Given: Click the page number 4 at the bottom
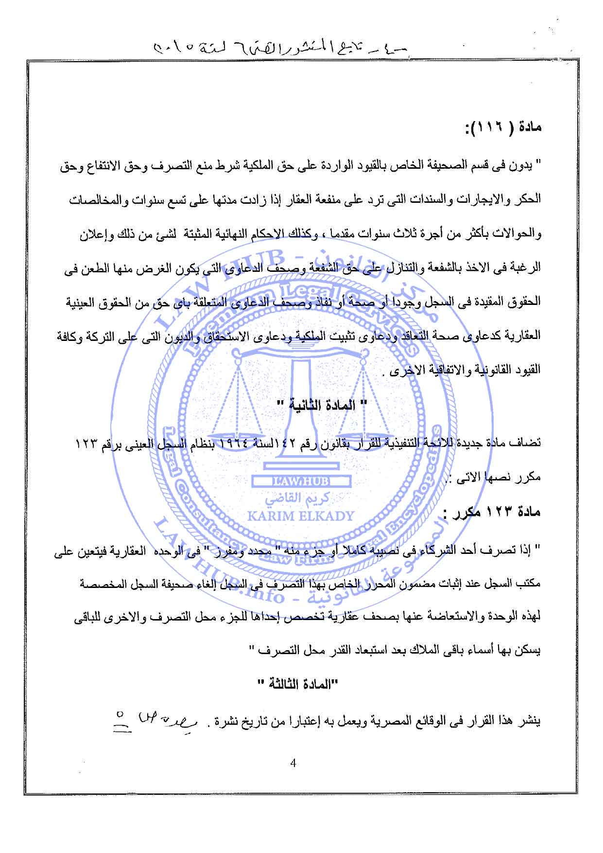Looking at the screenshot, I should pyautogui.click(x=292, y=762).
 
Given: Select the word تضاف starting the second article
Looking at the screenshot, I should pyautogui.click(x=529, y=443).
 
